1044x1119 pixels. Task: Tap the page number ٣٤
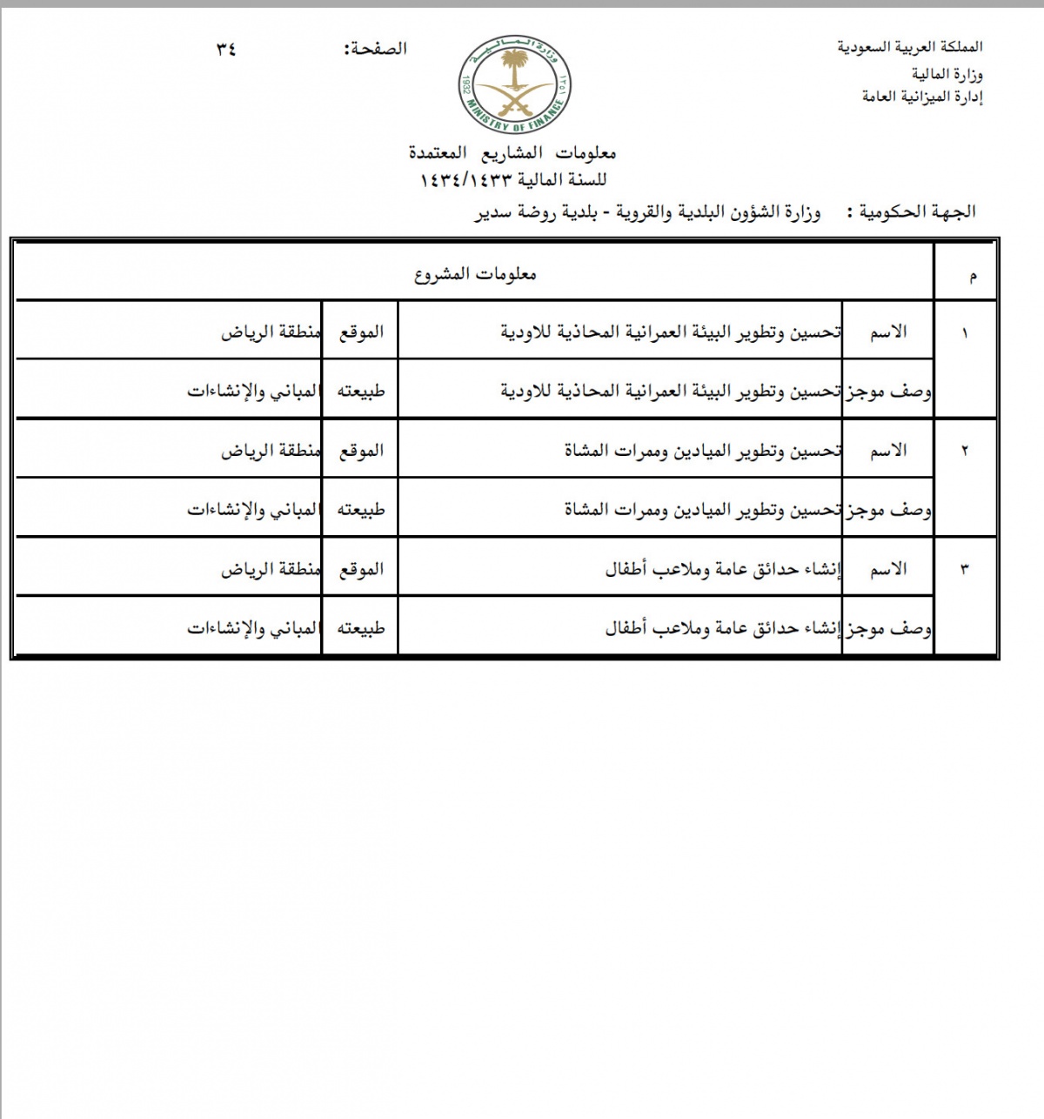[226, 50]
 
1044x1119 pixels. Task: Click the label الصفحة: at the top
[376, 50]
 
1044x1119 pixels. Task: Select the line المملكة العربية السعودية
[910, 47]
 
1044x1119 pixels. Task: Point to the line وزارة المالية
[942, 75]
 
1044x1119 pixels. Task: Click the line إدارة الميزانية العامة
[922, 97]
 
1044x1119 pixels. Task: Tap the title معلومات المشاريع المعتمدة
[512, 153]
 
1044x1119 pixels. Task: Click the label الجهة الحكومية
[918, 211]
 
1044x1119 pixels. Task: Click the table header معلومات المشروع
[474, 275]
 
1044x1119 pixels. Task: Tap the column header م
[972, 277]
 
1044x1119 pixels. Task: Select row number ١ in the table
[964, 333]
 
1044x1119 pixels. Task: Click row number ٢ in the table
[964, 452]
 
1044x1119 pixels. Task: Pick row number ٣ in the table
[964, 570]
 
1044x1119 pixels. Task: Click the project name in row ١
[670, 332]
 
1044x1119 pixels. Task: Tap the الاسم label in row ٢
[888, 451]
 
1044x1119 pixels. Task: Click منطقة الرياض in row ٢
[271, 451]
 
